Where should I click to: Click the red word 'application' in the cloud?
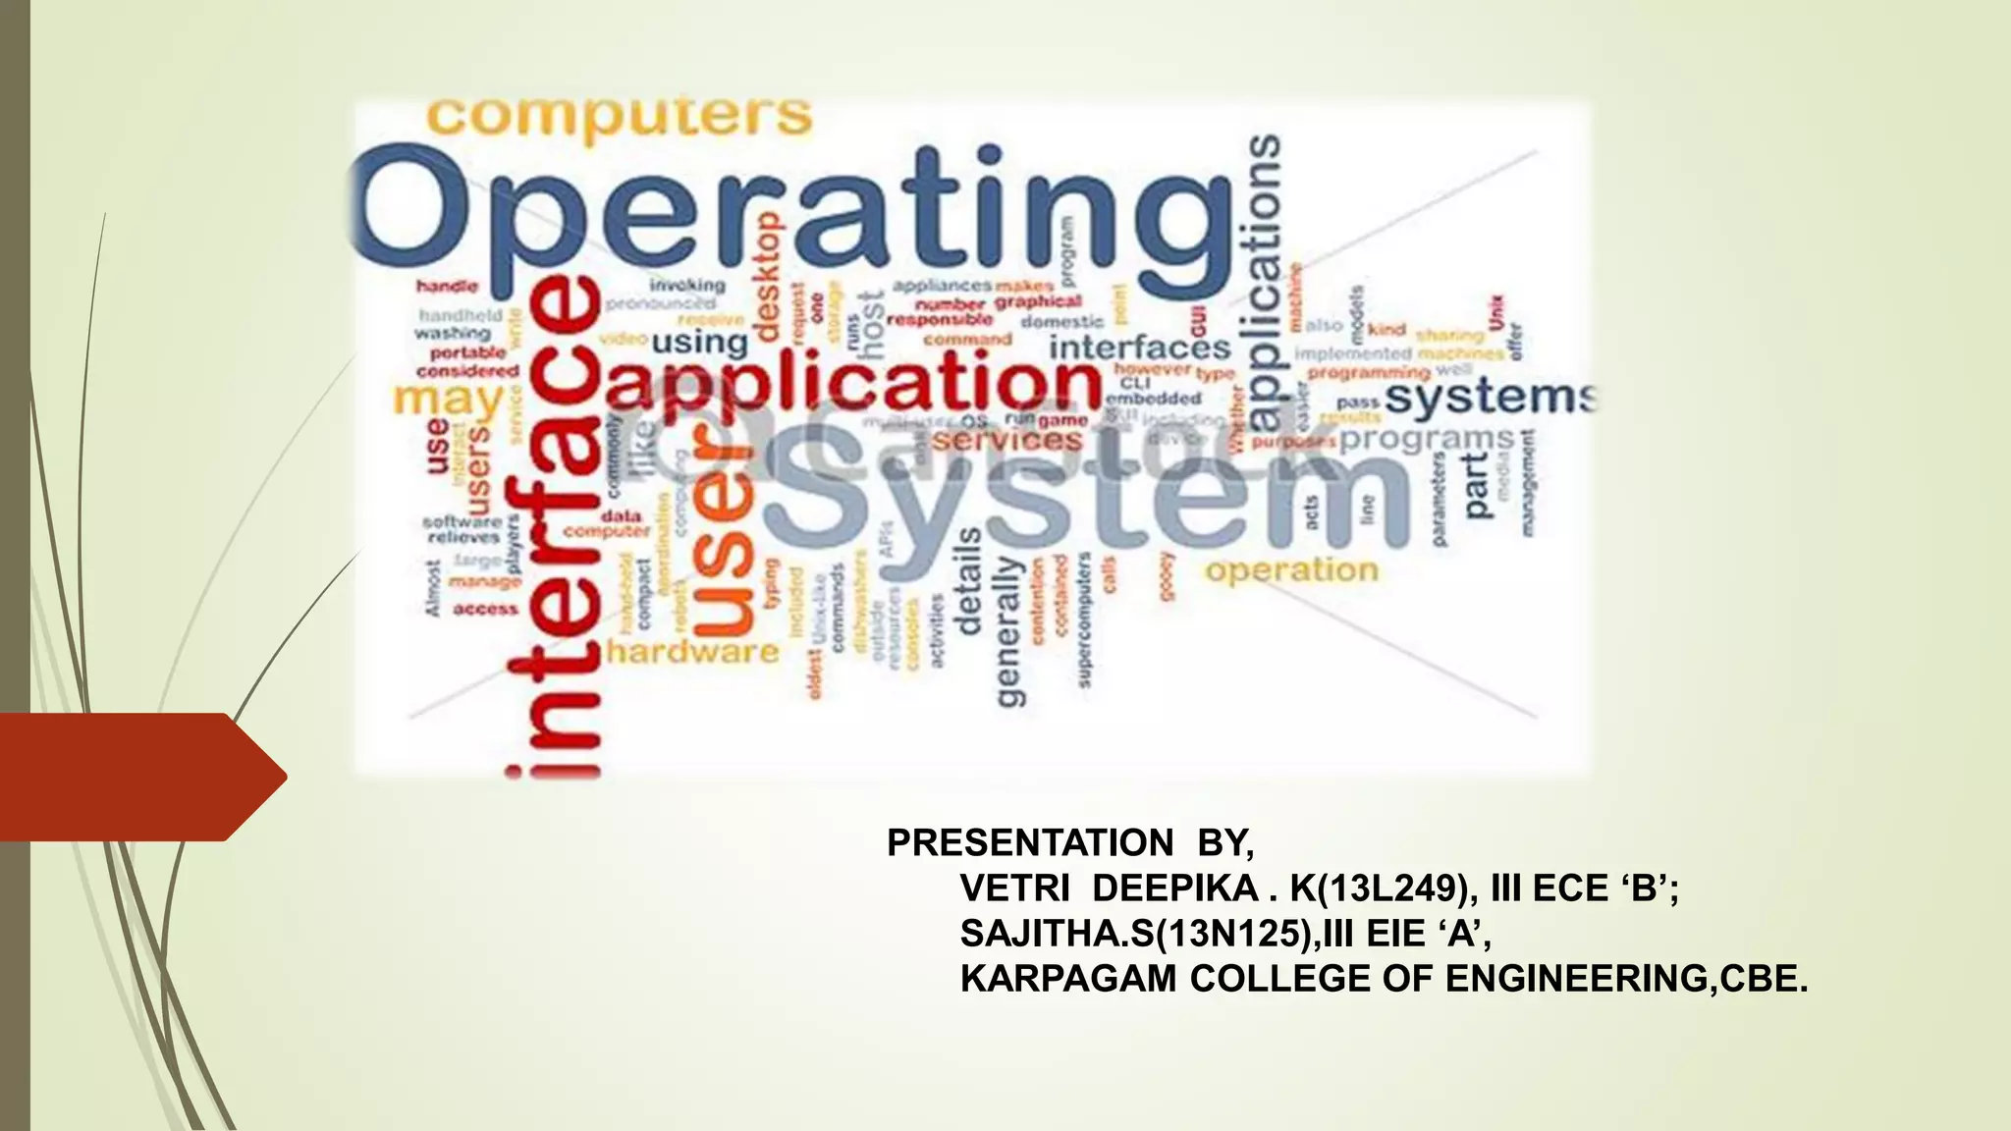[x=854, y=383]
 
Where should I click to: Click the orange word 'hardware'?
[x=693, y=651]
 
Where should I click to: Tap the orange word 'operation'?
[x=1292, y=570]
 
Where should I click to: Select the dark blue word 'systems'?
[x=1490, y=398]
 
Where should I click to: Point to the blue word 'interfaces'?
[x=1139, y=348]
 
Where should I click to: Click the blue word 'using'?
[x=699, y=343]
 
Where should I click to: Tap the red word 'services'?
[x=1006, y=440]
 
